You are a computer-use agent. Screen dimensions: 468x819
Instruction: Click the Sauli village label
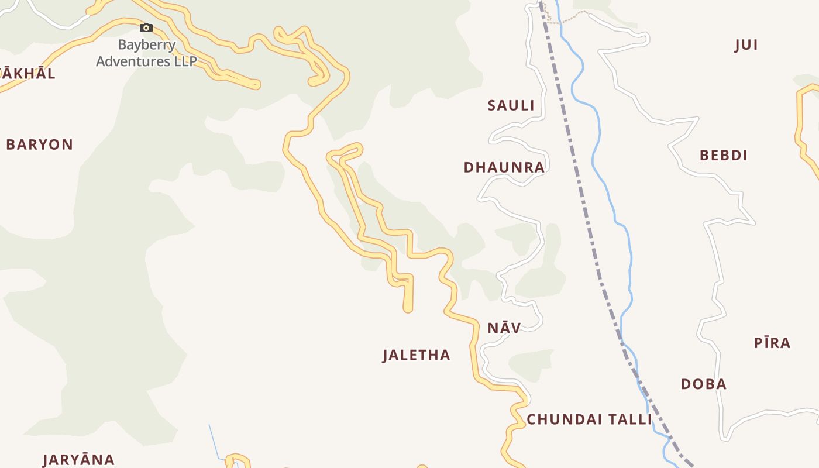[x=511, y=105]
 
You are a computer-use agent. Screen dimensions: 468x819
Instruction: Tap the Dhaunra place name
[x=504, y=167]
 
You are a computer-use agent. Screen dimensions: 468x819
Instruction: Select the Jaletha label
[x=416, y=355]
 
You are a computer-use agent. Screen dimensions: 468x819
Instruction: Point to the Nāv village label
[x=504, y=328]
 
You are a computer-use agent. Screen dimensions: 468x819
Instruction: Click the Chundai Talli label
[x=589, y=419]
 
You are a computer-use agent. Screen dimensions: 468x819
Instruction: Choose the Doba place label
[x=703, y=384]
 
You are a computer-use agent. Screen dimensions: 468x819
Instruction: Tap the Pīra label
[x=772, y=343]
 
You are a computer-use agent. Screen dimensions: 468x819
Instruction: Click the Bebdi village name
[x=723, y=155]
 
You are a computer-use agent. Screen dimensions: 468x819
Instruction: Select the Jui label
[x=746, y=45]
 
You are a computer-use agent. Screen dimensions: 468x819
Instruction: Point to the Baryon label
[x=39, y=144]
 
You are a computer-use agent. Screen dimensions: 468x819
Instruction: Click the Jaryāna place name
[x=78, y=460]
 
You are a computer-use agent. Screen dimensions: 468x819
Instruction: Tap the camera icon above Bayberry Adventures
[x=146, y=27]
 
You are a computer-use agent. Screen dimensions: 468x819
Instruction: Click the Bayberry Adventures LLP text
[x=146, y=53]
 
